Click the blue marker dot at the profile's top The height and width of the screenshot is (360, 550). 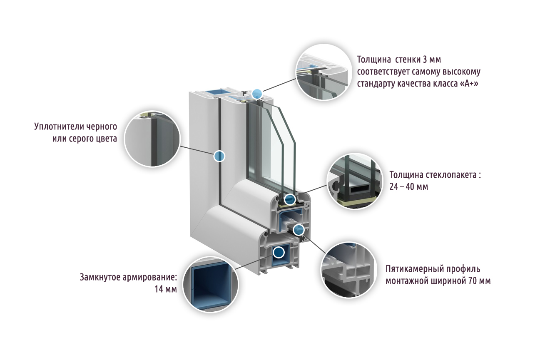click(257, 94)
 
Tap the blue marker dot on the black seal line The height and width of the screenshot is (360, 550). click(219, 156)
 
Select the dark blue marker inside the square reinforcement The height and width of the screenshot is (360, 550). click(278, 252)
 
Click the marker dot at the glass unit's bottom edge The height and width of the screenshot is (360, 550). click(290, 199)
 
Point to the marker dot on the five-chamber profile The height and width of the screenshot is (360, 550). click(299, 229)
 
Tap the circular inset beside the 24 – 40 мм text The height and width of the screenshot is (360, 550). click(354, 181)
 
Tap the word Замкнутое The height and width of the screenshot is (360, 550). click(101, 277)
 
